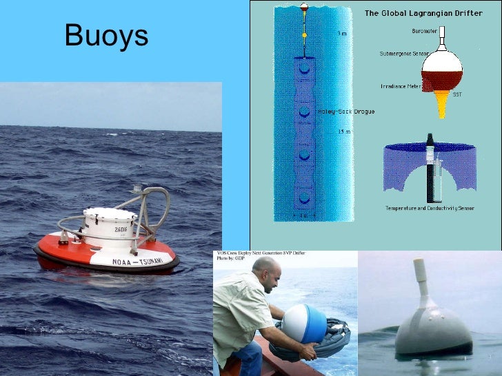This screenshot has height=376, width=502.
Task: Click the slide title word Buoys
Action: coord(106,36)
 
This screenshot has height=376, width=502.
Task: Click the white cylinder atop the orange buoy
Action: coord(110,227)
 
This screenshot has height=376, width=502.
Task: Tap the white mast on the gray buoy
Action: coord(419,282)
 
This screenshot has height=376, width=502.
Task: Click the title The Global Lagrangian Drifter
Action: coord(428,13)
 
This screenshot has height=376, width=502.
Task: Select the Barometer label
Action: coord(423,30)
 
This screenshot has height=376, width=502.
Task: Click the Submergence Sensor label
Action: coord(403,53)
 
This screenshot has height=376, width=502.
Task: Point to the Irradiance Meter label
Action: coord(400,86)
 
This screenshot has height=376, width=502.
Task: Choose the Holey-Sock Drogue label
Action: coord(345,112)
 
